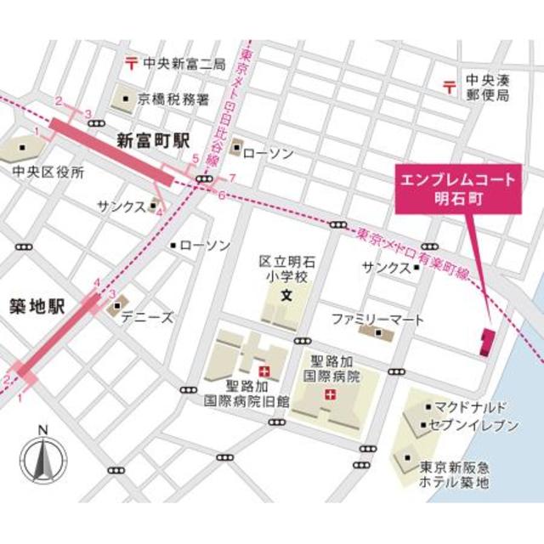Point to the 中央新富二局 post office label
(183, 63)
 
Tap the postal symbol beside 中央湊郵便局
(448, 83)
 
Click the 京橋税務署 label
(173, 99)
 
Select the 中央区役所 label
(48, 173)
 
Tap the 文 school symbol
(286, 297)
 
